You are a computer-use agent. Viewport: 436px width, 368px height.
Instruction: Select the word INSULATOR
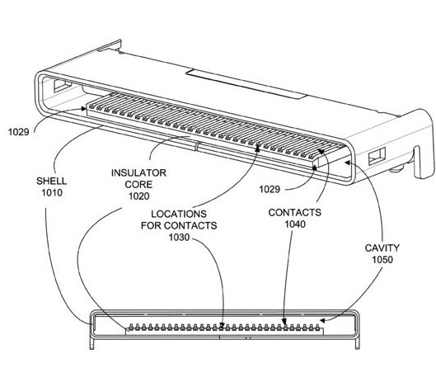(x=138, y=172)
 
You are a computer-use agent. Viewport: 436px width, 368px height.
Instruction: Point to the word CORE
(x=138, y=185)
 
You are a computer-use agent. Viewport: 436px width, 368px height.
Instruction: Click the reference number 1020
(x=138, y=197)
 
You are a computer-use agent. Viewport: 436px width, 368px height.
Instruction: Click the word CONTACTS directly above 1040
(x=295, y=212)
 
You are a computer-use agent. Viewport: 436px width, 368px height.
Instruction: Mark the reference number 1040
(x=295, y=224)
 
